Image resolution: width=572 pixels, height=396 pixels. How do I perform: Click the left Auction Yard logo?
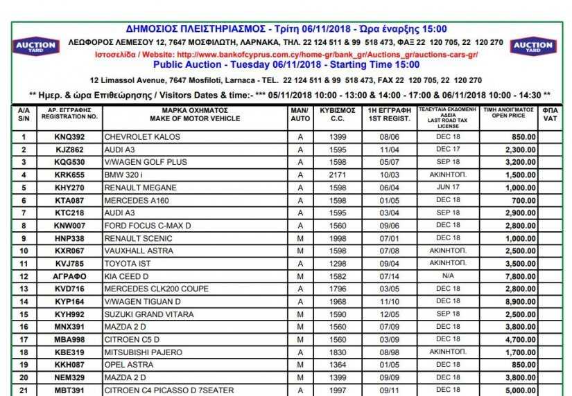point(35,47)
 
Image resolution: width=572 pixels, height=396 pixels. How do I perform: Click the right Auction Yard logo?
point(533,47)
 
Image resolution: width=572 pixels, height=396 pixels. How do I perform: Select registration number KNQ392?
point(69,137)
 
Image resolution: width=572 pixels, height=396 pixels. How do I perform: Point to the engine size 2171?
point(338,175)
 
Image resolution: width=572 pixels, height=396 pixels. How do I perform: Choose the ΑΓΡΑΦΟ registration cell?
point(69,276)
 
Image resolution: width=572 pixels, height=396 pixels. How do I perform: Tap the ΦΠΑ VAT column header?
point(550,114)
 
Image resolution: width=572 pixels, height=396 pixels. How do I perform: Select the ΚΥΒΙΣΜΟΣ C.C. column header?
point(338,114)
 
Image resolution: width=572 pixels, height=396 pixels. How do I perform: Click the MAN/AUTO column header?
point(300,114)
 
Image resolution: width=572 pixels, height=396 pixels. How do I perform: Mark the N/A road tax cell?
point(448,276)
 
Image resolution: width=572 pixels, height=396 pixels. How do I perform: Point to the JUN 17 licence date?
point(448,188)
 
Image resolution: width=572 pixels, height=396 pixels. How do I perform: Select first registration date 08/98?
point(388,352)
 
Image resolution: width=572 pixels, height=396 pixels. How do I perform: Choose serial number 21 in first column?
point(24,390)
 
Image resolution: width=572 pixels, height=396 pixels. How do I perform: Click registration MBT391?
point(69,390)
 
